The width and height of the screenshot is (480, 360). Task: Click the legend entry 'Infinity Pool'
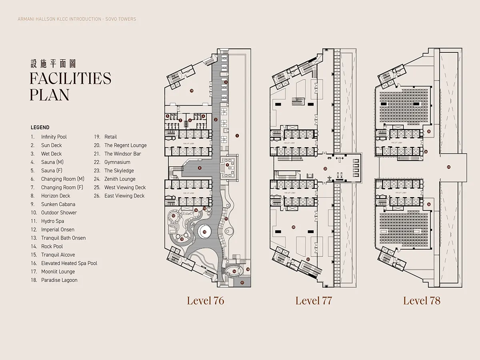point(54,137)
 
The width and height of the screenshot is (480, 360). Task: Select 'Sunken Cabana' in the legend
point(58,204)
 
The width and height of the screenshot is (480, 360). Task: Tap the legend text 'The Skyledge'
point(119,171)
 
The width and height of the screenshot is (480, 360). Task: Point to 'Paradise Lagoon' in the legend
point(59,280)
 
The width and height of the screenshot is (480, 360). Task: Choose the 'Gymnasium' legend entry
point(117,162)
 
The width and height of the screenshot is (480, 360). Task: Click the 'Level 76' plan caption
point(205,301)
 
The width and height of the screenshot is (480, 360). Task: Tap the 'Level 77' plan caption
point(314,301)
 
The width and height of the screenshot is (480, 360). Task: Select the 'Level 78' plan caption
point(422,301)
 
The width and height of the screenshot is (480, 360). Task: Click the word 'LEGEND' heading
point(40,128)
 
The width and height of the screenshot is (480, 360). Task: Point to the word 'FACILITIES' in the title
point(70,78)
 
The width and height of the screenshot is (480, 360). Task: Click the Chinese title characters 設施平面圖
point(53,64)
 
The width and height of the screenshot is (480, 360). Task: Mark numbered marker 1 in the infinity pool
point(237,136)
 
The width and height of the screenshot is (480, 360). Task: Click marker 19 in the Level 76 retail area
point(192,91)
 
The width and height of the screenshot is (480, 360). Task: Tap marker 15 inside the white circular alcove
point(204,232)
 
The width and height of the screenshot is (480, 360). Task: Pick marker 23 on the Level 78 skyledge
point(448,167)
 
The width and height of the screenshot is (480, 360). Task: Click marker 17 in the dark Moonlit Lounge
point(242,283)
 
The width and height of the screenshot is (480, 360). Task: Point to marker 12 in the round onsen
point(173,216)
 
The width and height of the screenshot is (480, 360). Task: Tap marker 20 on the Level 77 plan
point(294,227)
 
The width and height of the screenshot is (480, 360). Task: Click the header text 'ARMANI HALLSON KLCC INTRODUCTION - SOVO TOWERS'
point(77,19)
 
